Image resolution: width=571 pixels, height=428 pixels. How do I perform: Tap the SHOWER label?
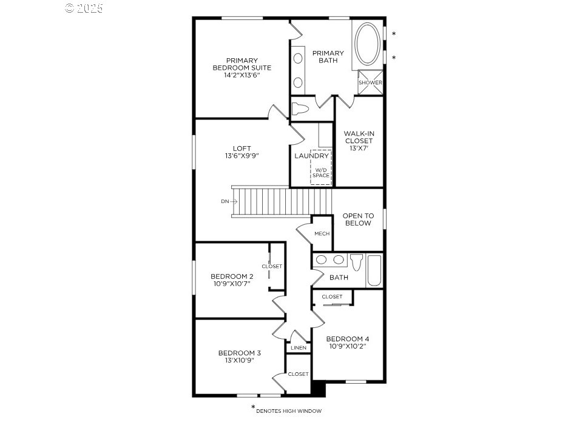tap(370, 82)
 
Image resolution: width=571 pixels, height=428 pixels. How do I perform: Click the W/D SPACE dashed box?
tap(321, 167)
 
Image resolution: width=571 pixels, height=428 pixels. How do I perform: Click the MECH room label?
tap(322, 233)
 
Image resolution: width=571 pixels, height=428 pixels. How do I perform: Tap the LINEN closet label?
tap(299, 348)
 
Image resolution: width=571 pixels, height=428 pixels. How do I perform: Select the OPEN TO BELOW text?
tap(359, 219)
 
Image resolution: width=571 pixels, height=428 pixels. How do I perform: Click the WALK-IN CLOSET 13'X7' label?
tap(359, 141)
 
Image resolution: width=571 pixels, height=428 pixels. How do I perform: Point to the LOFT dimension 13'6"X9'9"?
tap(242, 156)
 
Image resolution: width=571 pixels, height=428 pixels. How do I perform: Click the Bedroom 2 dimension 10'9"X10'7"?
tap(232, 284)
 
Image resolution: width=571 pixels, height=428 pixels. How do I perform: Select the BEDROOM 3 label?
tap(240, 353)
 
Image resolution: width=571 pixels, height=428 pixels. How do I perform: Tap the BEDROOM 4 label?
tap(348, 339)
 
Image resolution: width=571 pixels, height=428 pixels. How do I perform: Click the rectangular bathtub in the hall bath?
tap(374, 270)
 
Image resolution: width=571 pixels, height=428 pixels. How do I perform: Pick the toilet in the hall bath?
tap(357, 262)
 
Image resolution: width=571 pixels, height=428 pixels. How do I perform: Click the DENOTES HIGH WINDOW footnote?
tap(289, 411)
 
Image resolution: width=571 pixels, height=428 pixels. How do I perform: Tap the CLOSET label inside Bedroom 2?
tap(272, 266)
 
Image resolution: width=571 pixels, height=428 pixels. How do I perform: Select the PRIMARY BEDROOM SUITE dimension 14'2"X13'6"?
tap(242, 75)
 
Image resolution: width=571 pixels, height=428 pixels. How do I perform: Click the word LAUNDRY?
tap(312, 156)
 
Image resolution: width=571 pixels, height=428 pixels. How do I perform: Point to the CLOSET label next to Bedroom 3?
tap(299, 374)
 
